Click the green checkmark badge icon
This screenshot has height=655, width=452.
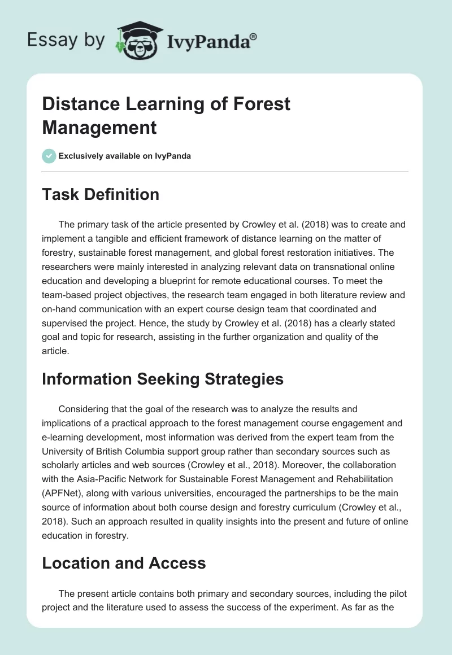[x=49, y=156]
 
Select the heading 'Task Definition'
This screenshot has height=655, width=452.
[x=101, y=195]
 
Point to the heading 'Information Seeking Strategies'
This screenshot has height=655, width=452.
[x=163, y=379]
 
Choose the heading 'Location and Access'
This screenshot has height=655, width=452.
[x=124, y=563]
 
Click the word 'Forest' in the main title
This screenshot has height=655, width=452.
[x=260, y=104]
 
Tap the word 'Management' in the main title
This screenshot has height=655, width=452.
[x=99, y=128]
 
